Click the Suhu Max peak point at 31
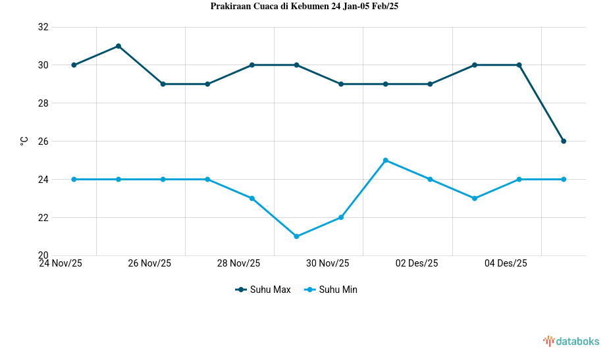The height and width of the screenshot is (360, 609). (x=119, y=46)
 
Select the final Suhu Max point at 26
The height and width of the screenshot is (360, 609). (x=564, y=141)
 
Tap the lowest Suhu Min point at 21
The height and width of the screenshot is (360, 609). (x=296, y=236)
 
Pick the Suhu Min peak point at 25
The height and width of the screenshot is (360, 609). (x=386, y=160)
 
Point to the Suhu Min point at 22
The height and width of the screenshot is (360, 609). (x=341, y=217)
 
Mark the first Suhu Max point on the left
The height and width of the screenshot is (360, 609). (x=74, y=65)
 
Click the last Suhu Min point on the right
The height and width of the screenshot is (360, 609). (x=564, y=179)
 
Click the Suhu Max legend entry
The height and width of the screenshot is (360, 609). (x=263, y=290)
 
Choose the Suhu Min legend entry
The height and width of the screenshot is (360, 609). (x=331, y=290)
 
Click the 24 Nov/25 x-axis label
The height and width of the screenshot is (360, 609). (x=61, y=263)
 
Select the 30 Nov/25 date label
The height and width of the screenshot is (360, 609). (x=327, y=263)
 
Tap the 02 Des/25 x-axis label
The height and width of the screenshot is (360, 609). (x=417, y=263)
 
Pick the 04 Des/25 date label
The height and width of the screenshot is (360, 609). (x=506, y=263)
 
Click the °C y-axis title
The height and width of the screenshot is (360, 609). (x=24, y=141)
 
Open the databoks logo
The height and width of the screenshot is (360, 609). (x=571, y=341)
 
